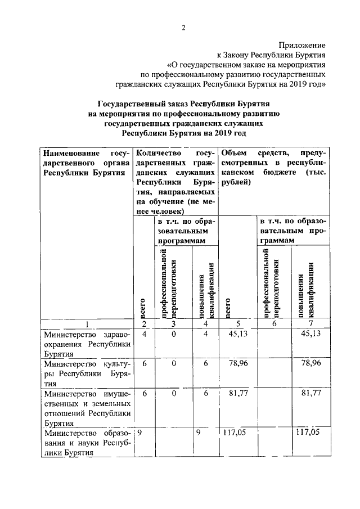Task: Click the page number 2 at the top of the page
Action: click(183, 29)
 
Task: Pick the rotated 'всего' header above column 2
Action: click(143, 307)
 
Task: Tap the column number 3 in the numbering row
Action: click(174, 324)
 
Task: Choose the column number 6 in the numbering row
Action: click(274, 324)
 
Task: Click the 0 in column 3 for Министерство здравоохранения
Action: click(174, 334)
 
